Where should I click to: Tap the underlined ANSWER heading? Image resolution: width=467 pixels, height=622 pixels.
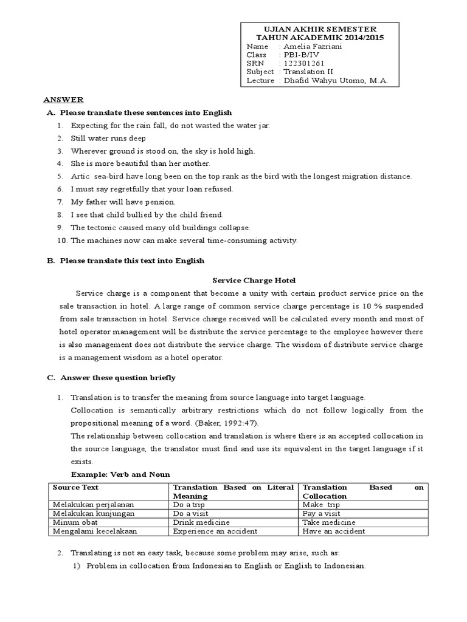click(x=63, y=100)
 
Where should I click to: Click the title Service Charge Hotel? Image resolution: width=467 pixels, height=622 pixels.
click(x=253, y=280)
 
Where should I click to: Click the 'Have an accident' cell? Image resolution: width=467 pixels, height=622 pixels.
click(x=334, y=531)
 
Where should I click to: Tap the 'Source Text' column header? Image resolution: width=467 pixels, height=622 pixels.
click(x=75, y=487)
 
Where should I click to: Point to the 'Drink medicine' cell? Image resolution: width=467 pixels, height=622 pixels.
click(x=201, y=522)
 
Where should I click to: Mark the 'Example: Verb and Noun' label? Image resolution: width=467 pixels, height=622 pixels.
click(x=120, y=474)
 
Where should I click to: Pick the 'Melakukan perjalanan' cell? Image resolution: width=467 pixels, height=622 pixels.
click(x=93, y=505)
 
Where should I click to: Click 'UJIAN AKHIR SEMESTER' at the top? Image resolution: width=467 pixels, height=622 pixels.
click(x=320, y=29)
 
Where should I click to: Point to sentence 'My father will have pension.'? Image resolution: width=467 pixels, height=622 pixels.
click(x=123, y=202)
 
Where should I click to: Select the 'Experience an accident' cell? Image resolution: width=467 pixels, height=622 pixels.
click(x=215, y=531)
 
